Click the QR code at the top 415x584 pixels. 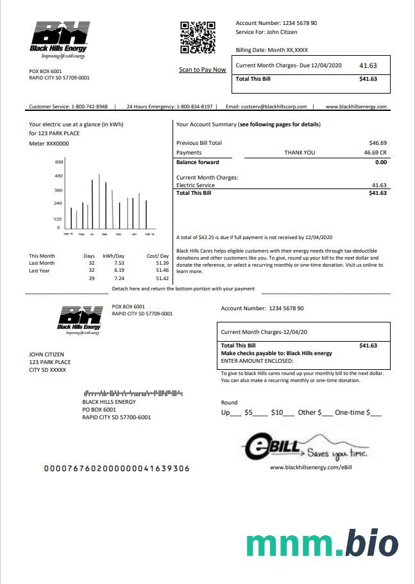click(197, 37)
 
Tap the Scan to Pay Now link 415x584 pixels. click(202, 70)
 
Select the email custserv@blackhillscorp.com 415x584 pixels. click(274, 106)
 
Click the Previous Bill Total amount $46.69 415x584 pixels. click(378, 143)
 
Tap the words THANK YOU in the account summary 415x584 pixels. click(300, 153)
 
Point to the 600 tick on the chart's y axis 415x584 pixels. click(58, 162)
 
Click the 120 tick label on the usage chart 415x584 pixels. click(58, 219)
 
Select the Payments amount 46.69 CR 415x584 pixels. click(375, 153)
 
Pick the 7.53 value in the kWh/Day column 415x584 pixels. click(119, 263)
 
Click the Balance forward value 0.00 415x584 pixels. click(380, 162)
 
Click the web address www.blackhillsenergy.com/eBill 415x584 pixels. click(311, 467)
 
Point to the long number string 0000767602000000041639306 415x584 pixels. click(116, 469)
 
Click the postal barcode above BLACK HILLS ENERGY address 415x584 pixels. click(133, 392)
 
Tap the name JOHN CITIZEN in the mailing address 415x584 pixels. click(47, 355)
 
